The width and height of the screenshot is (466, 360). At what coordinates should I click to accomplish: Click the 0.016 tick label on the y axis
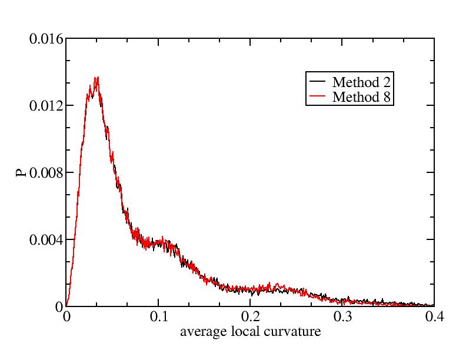pos(46,39)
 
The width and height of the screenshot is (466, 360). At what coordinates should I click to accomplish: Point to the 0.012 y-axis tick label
pos(46,106)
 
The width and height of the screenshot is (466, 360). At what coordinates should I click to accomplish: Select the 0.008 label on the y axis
pos(46,174)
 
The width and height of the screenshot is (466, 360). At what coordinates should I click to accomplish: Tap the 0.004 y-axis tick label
pos(46,241)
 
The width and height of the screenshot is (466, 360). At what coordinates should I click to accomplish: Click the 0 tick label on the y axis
pos(59,307)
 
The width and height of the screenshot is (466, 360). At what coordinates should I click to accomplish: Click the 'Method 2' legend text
pos(360,82)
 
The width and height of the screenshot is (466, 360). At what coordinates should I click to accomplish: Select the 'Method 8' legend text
pos(360,97)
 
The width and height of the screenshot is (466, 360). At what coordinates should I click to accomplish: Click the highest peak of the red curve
pos(97,77)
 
